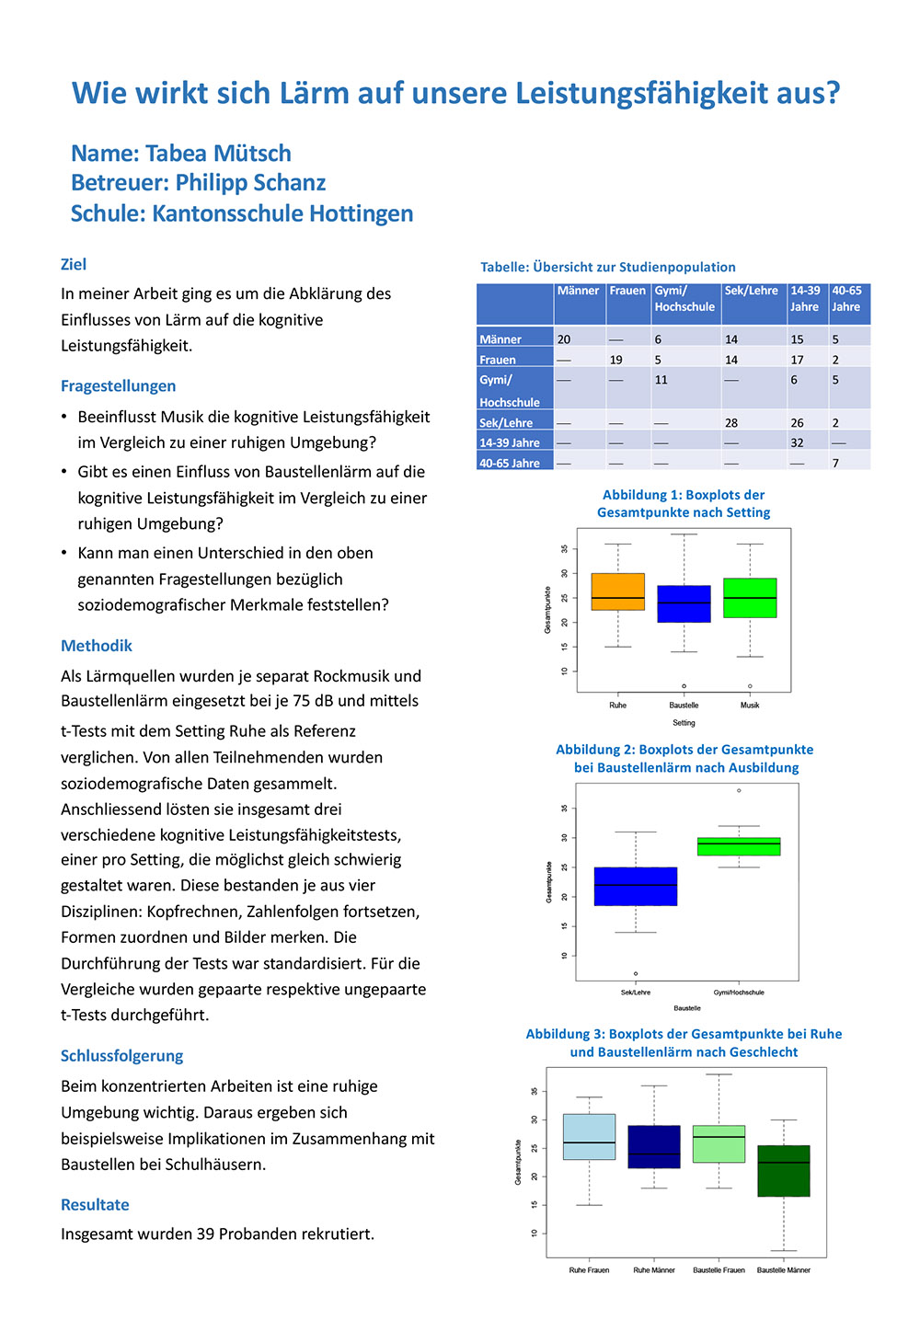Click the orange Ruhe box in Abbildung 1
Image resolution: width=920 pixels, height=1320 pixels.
[617, 591]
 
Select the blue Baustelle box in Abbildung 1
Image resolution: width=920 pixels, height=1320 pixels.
[684, 604]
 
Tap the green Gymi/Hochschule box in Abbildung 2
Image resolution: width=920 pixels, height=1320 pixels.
[739, 846]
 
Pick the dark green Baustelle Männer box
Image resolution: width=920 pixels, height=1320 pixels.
[784, 1171]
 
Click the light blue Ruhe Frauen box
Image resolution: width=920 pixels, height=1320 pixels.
[589, 1137]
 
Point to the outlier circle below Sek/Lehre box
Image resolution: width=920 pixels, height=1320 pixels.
[636, 974]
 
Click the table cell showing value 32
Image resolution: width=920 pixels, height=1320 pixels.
[797, 442]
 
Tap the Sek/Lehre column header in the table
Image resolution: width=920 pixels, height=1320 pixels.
[751, 291]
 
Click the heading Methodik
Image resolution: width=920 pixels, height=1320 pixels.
[97, 646]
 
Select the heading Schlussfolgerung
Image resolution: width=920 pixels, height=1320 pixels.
[122, 1056]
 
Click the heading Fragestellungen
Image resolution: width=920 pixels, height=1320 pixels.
[118, 386]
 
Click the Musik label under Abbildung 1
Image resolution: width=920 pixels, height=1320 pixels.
[750, 706]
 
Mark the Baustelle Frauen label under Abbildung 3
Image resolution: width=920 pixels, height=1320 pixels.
[719, 1270]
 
